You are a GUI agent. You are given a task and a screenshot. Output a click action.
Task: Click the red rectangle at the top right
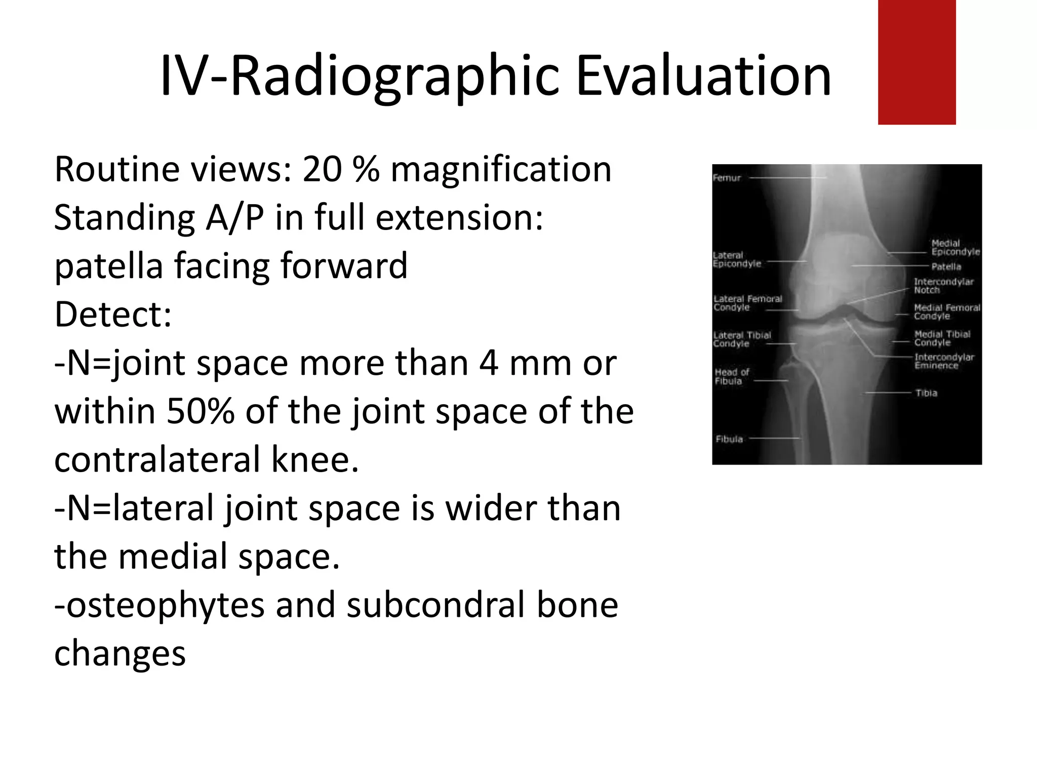click(x=916, y=62)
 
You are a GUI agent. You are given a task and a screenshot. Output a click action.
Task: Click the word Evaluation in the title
click(x=703, y=76)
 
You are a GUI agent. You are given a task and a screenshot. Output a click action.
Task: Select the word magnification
click(x=501, y=170)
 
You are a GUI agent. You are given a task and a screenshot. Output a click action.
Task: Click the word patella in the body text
click(x=108, y=266)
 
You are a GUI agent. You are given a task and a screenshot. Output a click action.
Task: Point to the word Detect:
click(x=113, y=315)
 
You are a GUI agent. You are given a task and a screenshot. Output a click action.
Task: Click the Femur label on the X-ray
click(x=727, y=178)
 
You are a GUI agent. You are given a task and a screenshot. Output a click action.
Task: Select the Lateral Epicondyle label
click(x=737, y=259)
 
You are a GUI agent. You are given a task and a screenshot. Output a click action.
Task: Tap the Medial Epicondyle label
click(x=955, y=248)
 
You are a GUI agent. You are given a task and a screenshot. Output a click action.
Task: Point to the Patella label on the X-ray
click(x=946, y=266)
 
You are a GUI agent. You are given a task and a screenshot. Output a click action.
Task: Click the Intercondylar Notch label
click(x=943, y=286)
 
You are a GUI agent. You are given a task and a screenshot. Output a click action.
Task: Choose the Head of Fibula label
click(x=731, y=376)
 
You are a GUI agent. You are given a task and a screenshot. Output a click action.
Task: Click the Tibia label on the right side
click(x=926, y=393)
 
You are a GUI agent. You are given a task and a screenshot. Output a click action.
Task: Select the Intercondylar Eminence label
click(x=944, y=361)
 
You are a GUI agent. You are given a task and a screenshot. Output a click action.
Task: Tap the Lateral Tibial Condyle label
click(x=742, y=339)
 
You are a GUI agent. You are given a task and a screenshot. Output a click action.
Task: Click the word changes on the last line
click(x=120, y=654)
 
